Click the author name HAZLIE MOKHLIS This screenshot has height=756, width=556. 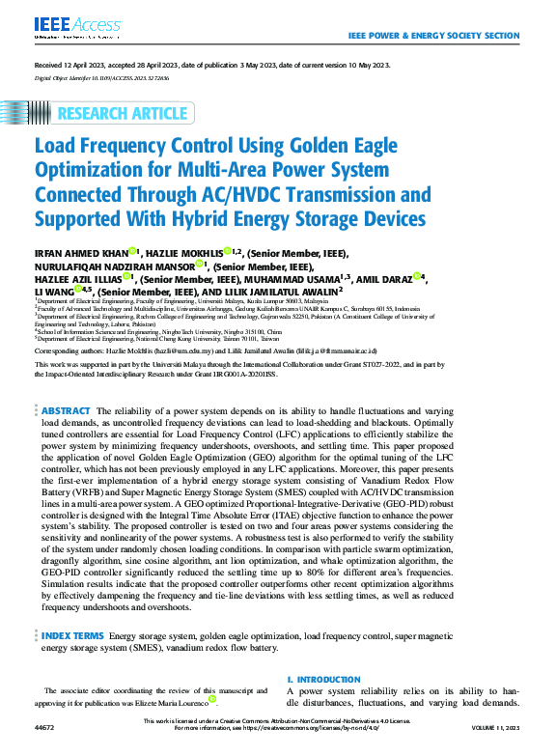[183, 253]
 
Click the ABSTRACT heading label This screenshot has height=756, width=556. [67, 411]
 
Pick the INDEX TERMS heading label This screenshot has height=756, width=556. [72, 637]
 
